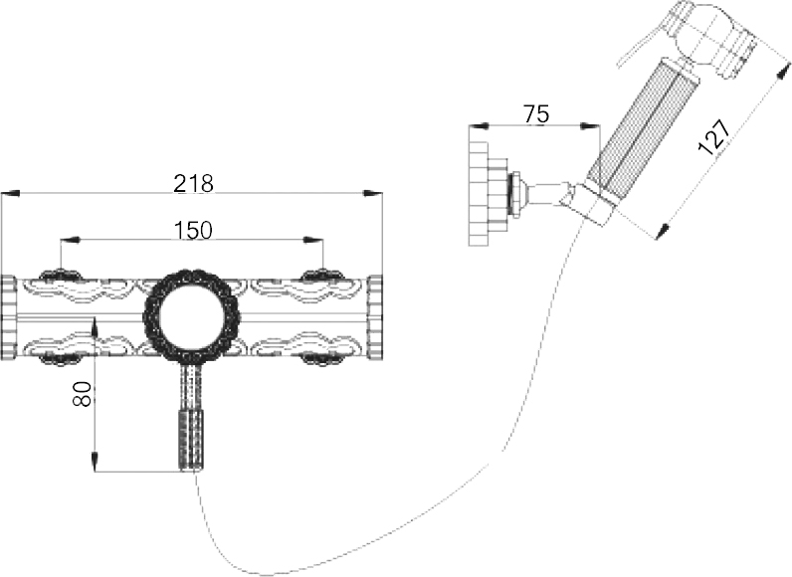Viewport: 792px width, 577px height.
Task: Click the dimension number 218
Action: tap(193, 183)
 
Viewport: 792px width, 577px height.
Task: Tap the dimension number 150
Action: tap(193, 230)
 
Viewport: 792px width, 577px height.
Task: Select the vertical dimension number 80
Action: tap(82, 394)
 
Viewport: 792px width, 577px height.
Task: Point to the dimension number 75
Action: tap(536, 114)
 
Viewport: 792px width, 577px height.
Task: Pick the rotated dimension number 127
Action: tap(713, 137)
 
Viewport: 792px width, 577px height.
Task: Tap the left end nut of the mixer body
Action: tap(9, 317)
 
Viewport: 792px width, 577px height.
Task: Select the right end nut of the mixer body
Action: tap(375, 317)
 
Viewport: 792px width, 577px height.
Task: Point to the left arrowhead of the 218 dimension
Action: tap(10, 193)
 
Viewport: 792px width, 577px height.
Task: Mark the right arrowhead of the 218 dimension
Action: tap(373, 193)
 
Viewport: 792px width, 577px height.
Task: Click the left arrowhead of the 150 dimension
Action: tap(70, 241)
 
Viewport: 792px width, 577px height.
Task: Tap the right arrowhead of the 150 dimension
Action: tap(313, 241)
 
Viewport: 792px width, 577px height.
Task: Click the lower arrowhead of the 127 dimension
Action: tap(663, 231)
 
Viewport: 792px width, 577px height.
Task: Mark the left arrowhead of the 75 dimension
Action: tap(479, 125)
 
